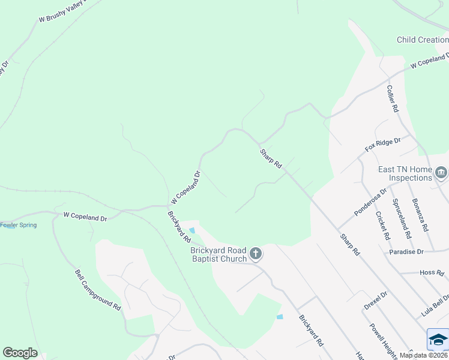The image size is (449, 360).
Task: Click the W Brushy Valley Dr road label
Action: [62, 11]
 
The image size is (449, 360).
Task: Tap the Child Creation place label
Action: [423, 40]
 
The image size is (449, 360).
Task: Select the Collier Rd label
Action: [393, 98]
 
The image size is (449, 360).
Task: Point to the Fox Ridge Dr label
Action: [382, 144]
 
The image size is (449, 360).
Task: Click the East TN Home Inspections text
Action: [405, 174]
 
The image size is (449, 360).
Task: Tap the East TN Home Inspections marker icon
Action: [441, 173]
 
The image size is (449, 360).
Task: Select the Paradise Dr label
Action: [406, 252]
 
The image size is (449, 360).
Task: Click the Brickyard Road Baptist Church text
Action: [218, 254]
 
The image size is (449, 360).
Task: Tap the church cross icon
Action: [256, 254]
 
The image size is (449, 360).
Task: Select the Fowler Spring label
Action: [18, 226]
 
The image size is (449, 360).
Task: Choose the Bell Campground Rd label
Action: [98, 289]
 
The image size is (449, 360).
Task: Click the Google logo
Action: [20, 353]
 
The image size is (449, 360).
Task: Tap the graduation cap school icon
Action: [438, 340]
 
